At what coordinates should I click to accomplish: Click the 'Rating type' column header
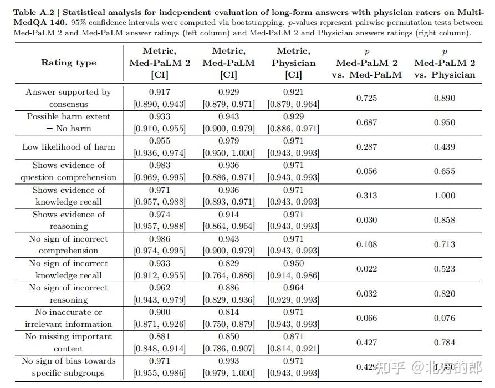click(69, 63)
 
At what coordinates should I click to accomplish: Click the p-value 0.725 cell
click(366, 98)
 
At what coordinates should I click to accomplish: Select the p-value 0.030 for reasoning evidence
click(366, 220)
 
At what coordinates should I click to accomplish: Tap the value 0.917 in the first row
click(160, 92)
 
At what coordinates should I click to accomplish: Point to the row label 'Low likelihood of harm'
click(69, 147)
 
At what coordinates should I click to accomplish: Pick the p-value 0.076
click(445, 318)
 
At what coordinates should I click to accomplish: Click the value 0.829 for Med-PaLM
click(228, 263)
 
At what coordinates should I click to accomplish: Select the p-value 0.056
click(366, 171)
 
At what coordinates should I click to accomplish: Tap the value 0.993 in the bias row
click(228, 361)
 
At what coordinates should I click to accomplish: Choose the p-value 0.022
click(366, 269)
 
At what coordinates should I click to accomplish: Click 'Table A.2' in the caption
click(33, 12)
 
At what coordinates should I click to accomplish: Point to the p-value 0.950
click(445, 122)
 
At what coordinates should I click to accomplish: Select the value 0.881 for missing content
click(160, 336)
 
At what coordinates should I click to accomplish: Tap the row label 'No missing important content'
click(69, 343)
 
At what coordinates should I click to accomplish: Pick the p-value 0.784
click(445, 342)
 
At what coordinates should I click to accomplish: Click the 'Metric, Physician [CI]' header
click(293, 63)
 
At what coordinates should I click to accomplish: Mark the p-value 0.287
click(366, 147)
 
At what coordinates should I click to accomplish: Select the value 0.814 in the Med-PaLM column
click(228, 312)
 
